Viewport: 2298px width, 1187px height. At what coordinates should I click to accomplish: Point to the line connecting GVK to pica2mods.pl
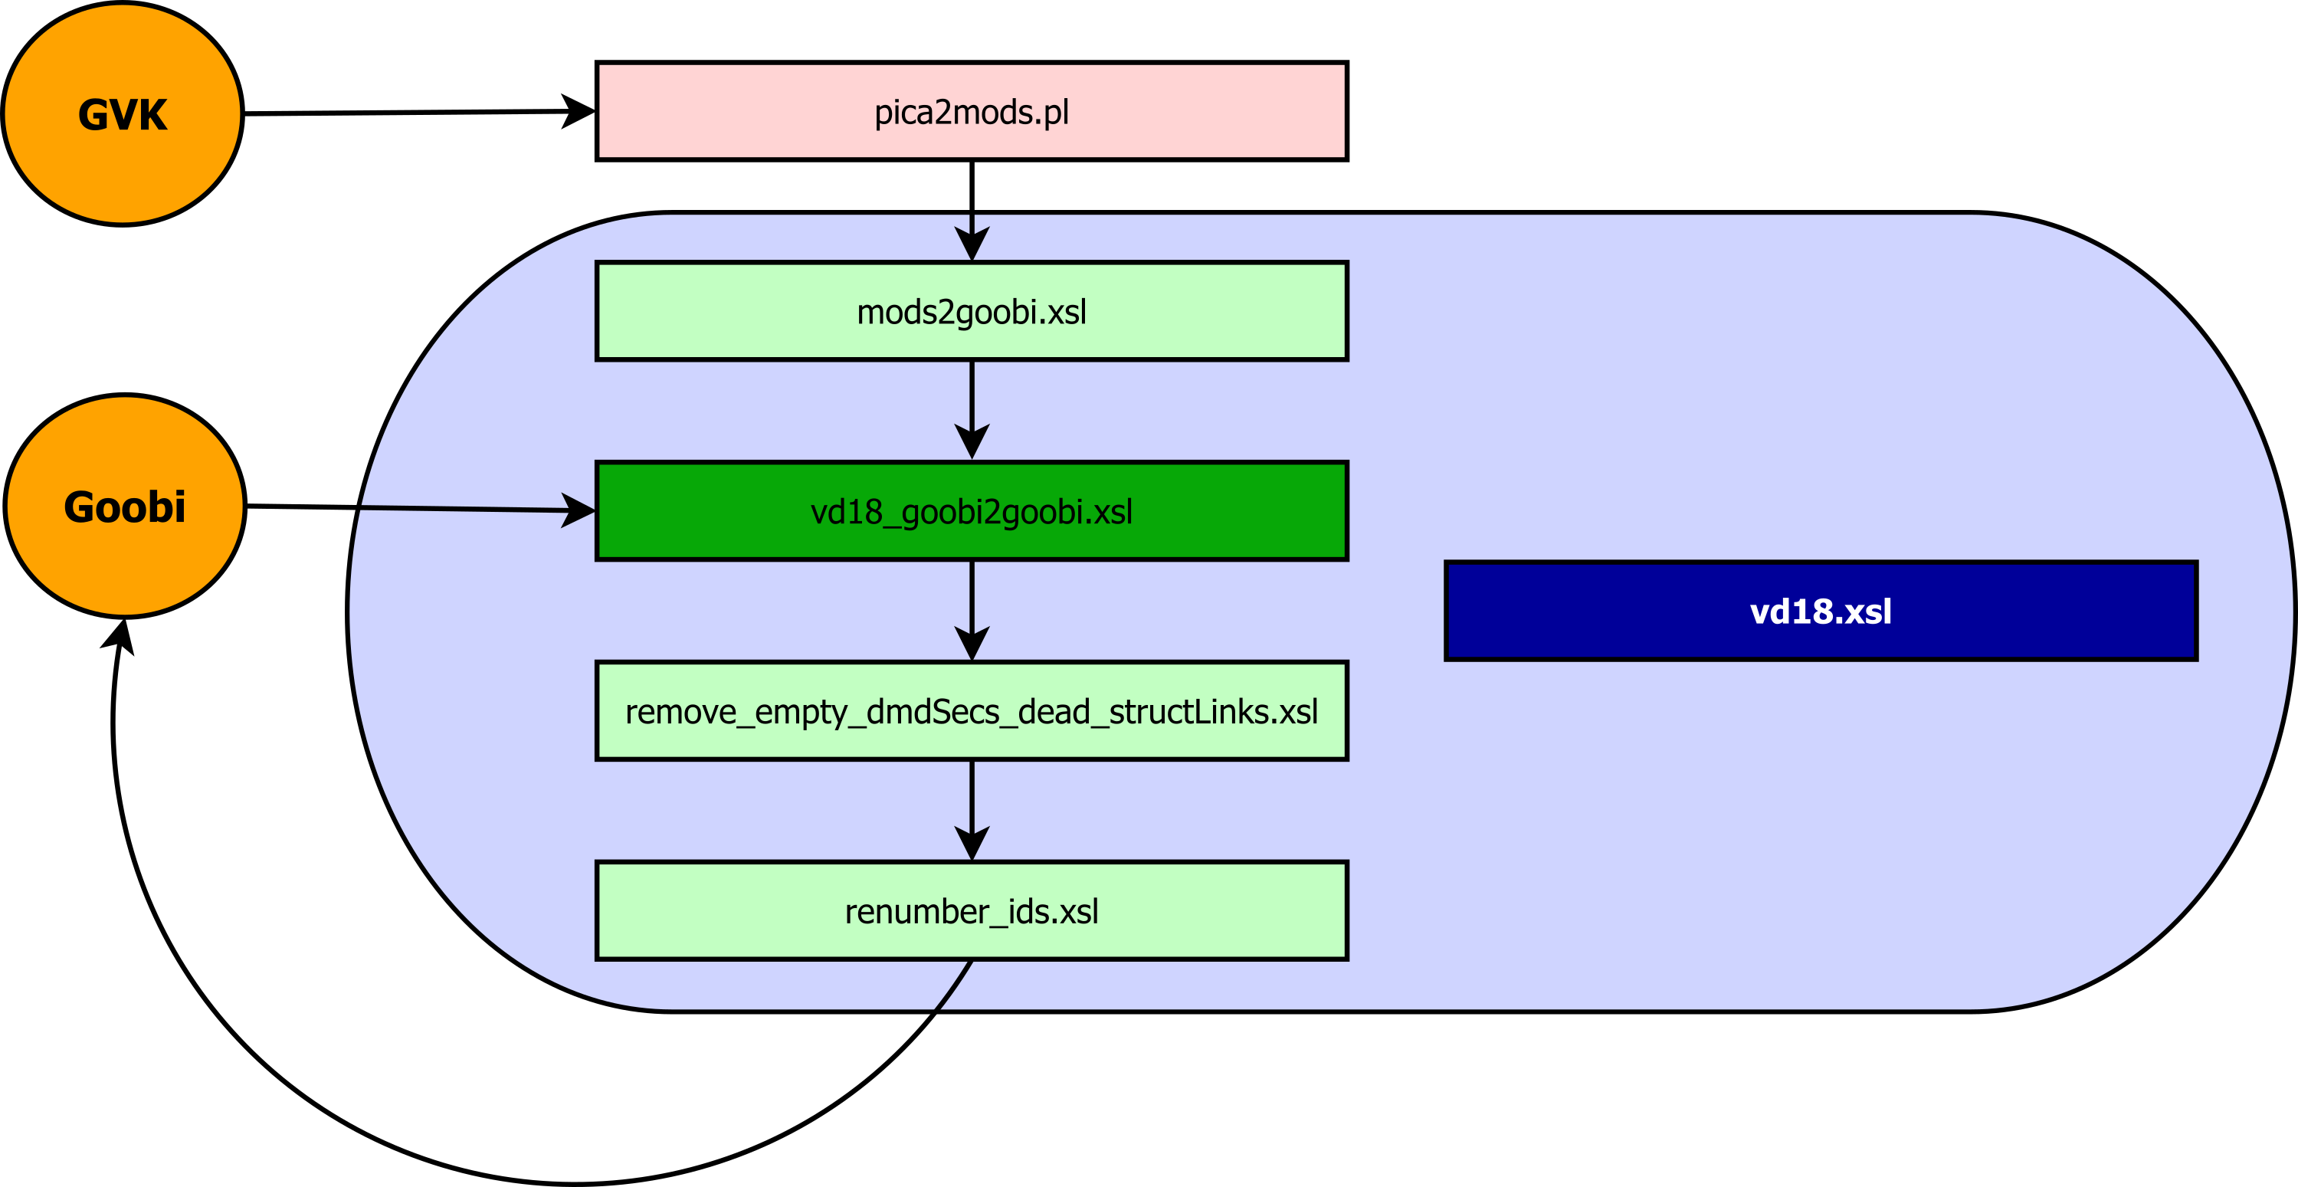coord(402,113)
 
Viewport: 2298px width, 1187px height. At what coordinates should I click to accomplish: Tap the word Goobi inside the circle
coord(125,507)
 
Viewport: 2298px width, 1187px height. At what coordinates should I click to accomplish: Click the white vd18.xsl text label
coord(1820,612)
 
